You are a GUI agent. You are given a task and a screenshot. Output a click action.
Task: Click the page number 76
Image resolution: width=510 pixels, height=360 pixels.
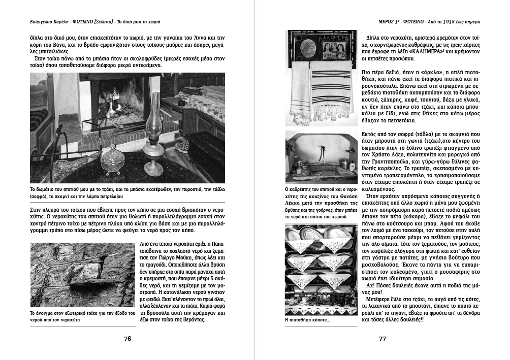(x=127, y=339)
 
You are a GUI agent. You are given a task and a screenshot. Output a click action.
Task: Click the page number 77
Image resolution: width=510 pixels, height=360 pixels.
(x=382, y=339)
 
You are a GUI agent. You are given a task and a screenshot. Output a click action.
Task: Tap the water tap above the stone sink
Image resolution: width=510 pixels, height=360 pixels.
(x=322, y=148)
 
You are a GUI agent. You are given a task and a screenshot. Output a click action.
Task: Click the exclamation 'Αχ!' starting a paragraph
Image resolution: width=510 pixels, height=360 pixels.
(x=370, y=285)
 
